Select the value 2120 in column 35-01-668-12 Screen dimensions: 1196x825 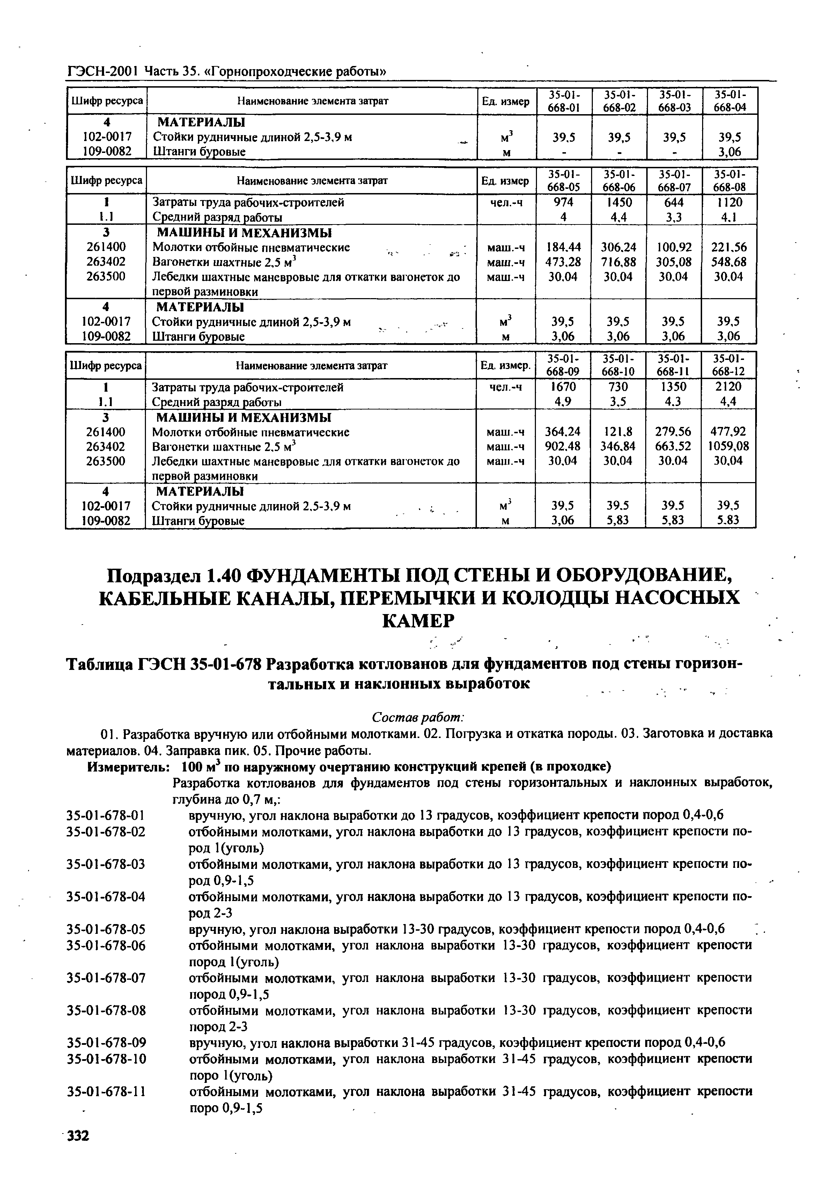pos(728,386)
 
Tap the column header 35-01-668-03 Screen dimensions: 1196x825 pos(673,101)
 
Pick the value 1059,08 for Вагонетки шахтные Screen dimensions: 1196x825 pos(728,446)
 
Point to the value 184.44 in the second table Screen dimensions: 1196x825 pos(563,248)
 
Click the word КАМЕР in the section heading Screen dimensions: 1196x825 pos(418,621)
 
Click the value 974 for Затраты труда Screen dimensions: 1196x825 pos(563,202)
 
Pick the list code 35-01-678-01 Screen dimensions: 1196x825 pos(106,815)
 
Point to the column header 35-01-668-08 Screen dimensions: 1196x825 pos(728,180)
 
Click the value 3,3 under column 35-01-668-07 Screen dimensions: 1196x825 pos(673,217)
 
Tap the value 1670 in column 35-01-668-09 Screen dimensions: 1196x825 pos(563,386)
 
